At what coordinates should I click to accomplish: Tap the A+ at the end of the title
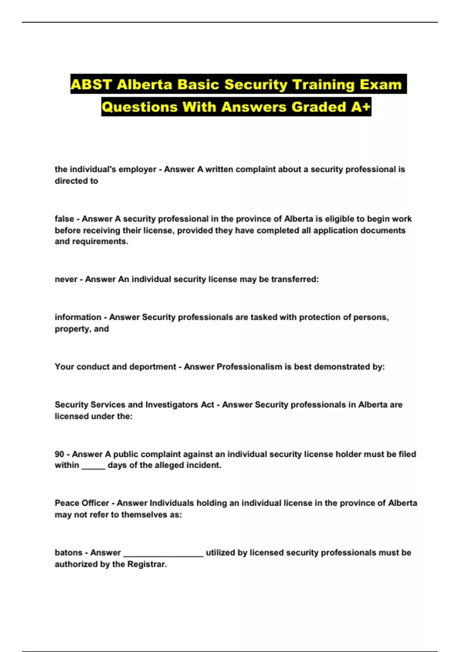(361, 107)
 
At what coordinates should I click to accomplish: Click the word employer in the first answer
(138, 170)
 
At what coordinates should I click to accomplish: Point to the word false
(64, 219)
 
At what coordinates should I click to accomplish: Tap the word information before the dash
(78, 317)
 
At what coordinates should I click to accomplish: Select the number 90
(59, 454)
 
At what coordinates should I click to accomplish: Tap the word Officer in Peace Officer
(95, 503)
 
